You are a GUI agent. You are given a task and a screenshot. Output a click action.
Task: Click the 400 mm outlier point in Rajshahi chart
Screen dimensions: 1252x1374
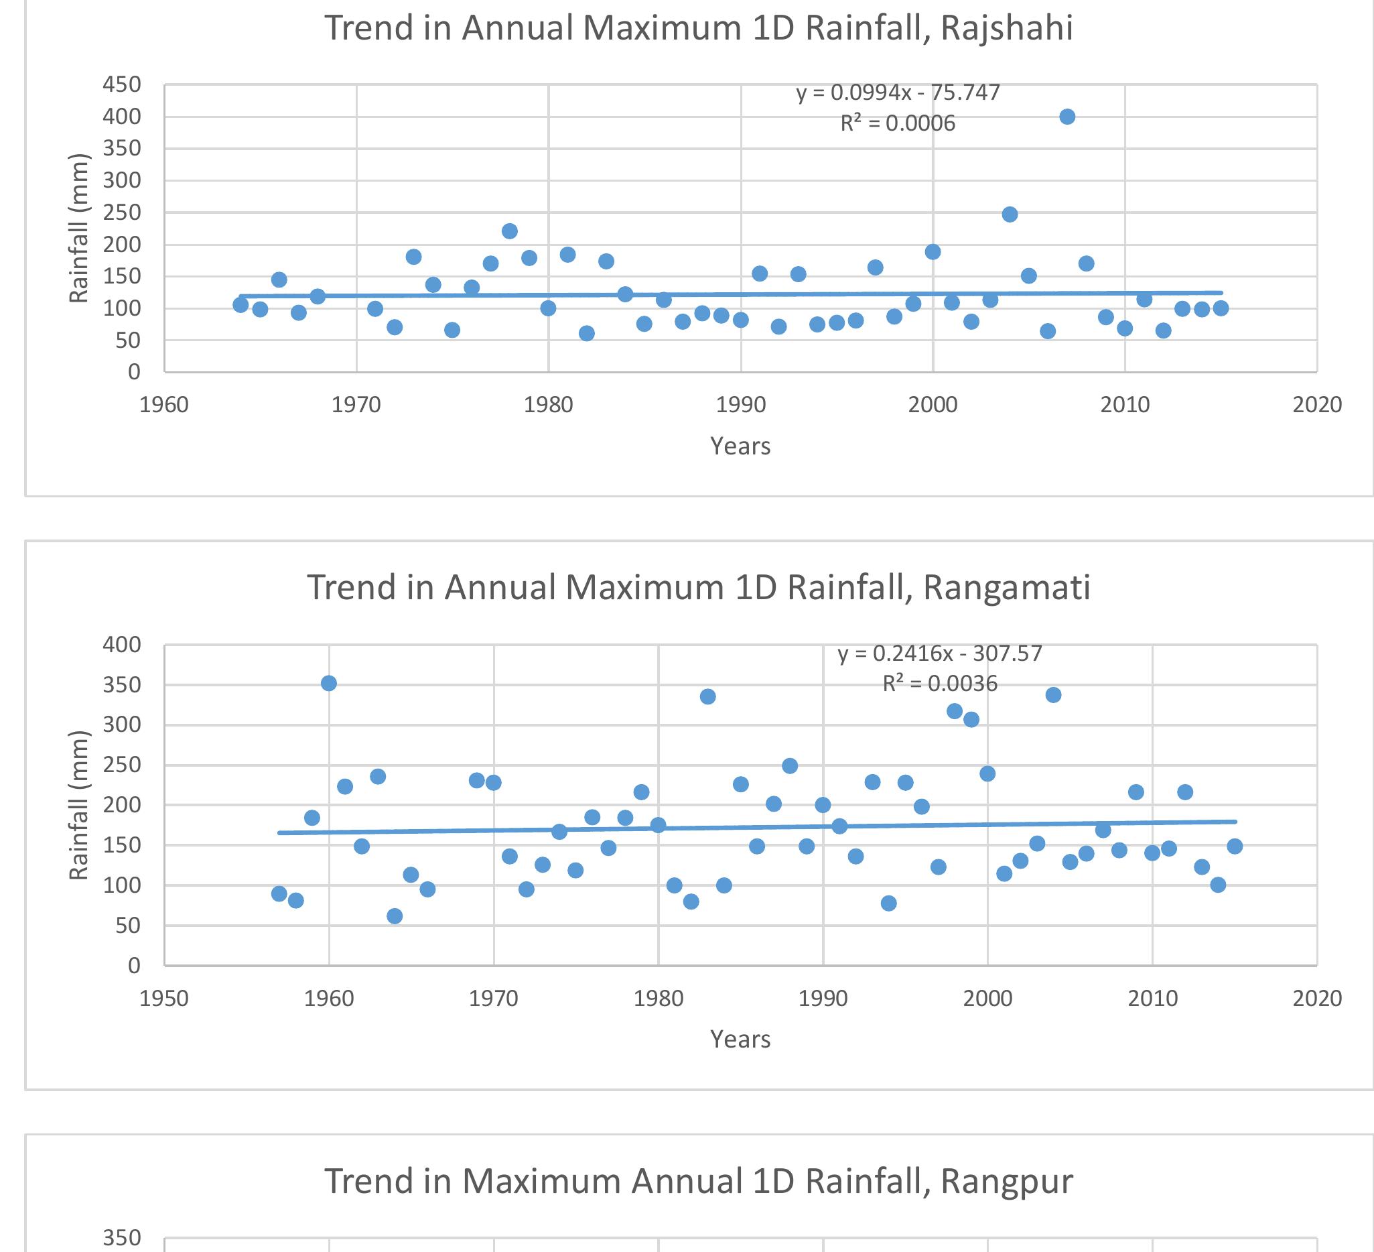pos(1067,117)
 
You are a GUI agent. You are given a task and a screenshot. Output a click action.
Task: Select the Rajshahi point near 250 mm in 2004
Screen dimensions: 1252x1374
pos(1010,214)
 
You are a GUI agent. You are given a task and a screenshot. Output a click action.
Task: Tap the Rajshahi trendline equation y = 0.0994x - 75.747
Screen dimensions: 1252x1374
pos(898,92)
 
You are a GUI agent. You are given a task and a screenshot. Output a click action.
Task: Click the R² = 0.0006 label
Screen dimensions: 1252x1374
pos(898,123)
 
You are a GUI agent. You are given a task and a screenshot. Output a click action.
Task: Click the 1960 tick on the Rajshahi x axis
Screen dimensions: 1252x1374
pos(163,405)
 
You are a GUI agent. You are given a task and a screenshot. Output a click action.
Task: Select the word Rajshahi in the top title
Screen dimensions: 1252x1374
pos(1007,29)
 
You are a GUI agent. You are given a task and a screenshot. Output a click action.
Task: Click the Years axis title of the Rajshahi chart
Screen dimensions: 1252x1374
pos(740,446)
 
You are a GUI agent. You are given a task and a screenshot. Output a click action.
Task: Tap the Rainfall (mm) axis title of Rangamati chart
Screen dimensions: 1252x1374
pos(78,805)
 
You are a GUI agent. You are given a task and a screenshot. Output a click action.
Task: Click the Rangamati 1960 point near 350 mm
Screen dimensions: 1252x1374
pos(328,683)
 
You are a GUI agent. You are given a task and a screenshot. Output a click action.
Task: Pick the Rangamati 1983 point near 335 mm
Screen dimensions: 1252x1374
pos(707,696)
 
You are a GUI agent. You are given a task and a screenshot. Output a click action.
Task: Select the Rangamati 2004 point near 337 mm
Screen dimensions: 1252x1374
pos(1053,695)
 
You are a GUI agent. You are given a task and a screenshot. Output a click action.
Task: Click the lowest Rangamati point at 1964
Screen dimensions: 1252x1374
pos(395,916)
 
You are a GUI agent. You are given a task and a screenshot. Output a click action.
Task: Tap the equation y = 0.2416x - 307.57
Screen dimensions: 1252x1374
pos(940,653)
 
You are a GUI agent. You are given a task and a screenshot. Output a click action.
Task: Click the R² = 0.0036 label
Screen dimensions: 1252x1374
pos(940,683)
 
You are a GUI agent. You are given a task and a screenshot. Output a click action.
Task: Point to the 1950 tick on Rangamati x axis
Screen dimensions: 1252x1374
pos(163,999)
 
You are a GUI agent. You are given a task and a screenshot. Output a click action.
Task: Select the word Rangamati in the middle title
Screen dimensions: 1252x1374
pos(1007,588)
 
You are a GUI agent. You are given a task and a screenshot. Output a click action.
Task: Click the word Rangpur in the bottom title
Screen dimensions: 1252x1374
pos(1007,1181)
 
